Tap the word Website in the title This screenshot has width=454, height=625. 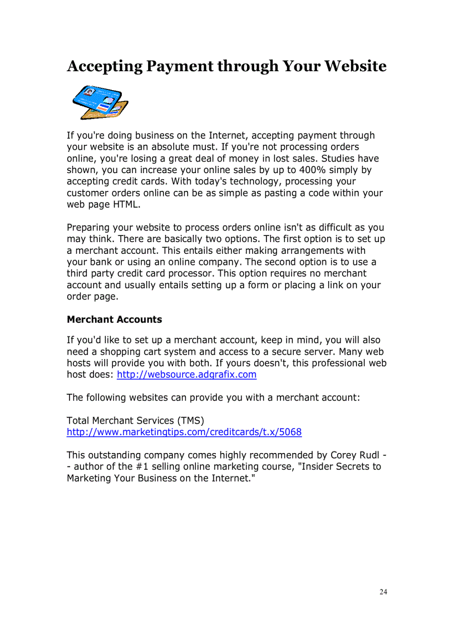coord(355,66)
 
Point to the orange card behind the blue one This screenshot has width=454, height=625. coord(119,109)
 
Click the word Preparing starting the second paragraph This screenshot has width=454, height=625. coord(88,228)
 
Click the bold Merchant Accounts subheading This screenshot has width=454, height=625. coord(114,319)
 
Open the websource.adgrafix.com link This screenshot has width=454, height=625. coord(186,375)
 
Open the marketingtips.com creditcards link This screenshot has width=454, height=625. coord(184,432)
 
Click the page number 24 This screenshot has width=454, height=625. coord(383,592)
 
